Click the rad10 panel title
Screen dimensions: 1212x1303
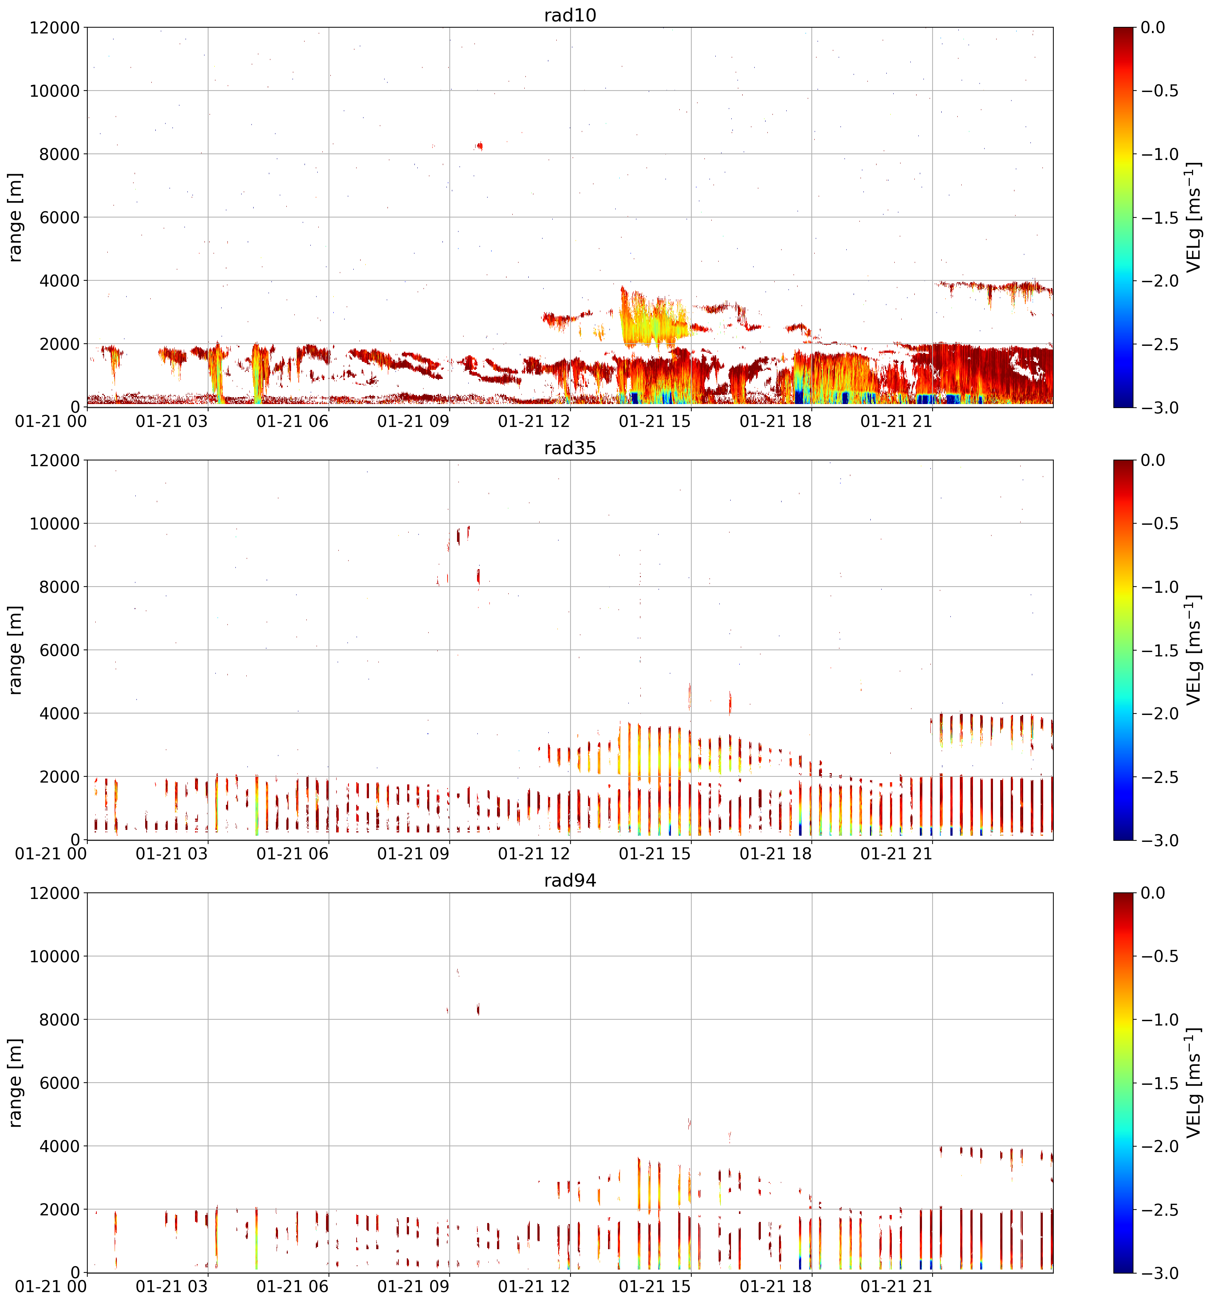click(570, 15)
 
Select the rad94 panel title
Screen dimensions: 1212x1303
click(570, 880)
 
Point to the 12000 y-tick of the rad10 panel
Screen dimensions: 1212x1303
click(55, 28)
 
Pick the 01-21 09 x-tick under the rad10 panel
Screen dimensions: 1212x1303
click(413, 421)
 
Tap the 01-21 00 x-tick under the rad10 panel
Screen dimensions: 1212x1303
click(51, 421)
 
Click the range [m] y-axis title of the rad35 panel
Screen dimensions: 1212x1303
click(16, 650)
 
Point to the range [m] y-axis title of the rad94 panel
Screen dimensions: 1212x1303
click(16, 1083)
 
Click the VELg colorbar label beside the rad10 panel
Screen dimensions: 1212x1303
click(1194, 217)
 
